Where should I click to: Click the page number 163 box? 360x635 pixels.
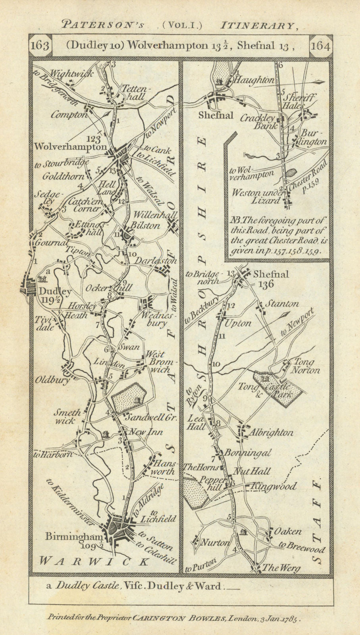[x=41, y=46]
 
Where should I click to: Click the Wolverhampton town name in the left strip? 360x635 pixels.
[x=71, y=146]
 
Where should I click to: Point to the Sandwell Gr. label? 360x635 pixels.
[x=146, y=418]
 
